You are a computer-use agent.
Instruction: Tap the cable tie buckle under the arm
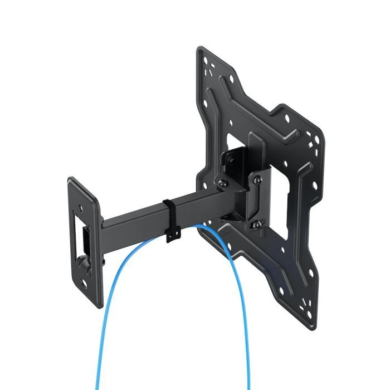point(172,237)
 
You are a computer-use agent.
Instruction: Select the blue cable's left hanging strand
point(111,312)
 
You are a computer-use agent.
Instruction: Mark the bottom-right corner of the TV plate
point(313,323)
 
